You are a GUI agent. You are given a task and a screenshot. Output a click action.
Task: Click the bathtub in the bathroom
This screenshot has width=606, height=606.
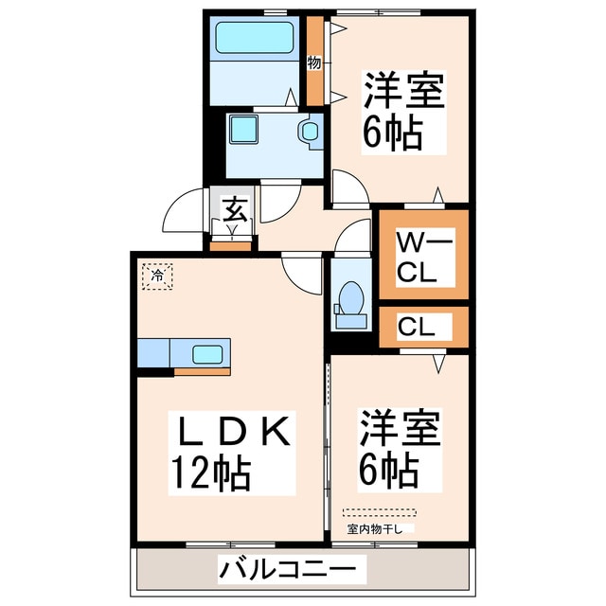click(256, 39)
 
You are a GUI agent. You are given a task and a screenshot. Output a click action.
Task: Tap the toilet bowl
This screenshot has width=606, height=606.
click(351, 300)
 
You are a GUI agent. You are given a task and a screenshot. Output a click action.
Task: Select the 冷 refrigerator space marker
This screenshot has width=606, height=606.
click(157, 276)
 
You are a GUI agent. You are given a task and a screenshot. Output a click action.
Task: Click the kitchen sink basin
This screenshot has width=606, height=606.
click(208, 354)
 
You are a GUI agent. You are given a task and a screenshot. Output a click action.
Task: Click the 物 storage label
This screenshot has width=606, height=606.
click(314, 62)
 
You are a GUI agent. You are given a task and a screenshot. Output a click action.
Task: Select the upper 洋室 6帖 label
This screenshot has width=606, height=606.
click(402, 112)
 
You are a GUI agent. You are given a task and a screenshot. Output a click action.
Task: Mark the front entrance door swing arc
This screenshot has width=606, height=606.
click(180, 215)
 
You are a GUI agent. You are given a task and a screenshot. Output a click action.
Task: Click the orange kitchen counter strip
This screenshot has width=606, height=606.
click(202, 370)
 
